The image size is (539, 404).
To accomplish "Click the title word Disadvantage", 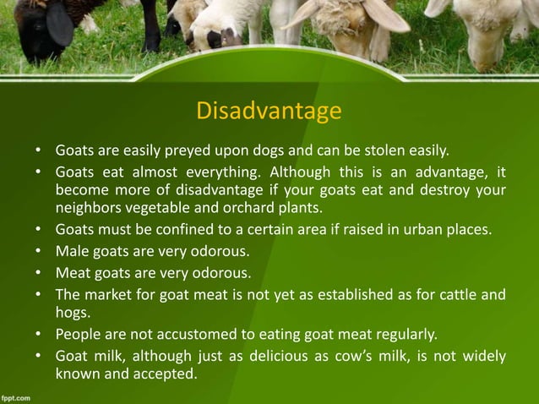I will [269, 112].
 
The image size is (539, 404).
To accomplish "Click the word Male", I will [73, 250].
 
